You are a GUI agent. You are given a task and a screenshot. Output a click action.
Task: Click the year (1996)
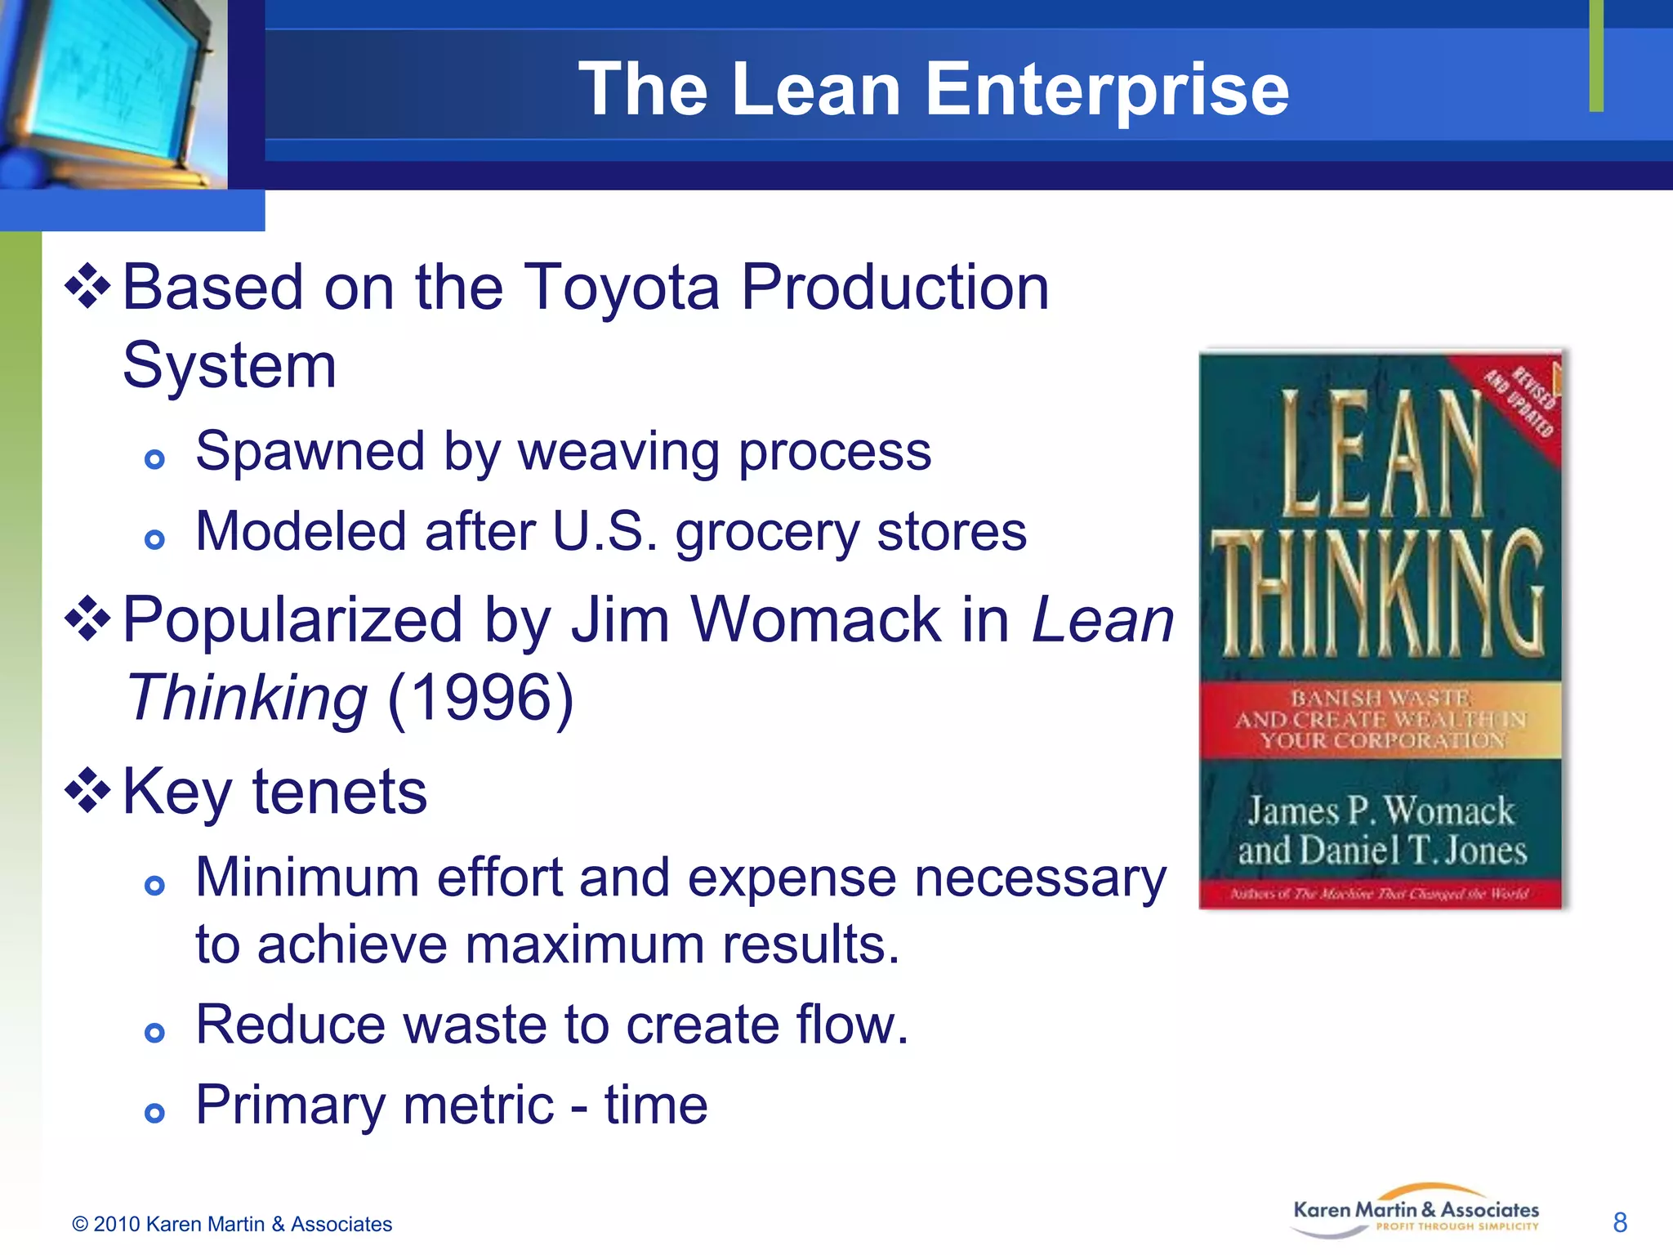(480, 699)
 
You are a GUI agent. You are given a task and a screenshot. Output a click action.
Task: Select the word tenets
(340, 792)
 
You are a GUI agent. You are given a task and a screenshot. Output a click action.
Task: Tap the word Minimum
(307, 878)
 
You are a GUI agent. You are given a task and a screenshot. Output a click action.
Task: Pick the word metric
(479, 1105)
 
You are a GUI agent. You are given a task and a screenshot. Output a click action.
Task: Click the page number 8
(1620, 1223)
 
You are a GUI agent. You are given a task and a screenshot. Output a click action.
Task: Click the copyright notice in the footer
(232, 1224)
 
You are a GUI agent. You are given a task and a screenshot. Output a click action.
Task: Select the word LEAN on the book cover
(1381, 453)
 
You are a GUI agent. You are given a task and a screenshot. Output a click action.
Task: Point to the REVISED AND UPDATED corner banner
(1521, 400)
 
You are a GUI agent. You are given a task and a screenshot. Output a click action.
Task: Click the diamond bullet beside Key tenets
(87, 792)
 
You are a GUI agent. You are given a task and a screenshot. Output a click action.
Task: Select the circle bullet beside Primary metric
(154, 1112)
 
